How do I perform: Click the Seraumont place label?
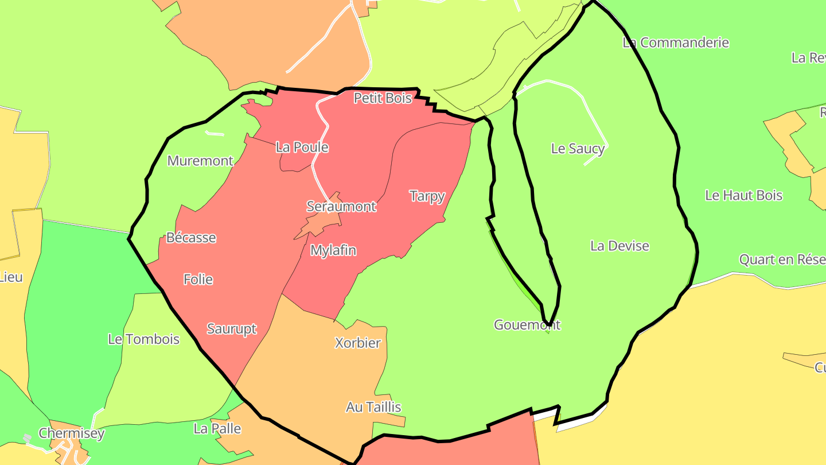pos(341,206)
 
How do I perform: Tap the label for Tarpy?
pos(427,196)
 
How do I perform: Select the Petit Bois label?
pos(383,98)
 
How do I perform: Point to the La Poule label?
pos(302,147)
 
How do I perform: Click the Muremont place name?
pos(200,161)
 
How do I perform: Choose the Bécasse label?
pos(191,238)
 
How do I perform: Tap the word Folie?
pos(198,280)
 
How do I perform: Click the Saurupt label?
pos(232,329)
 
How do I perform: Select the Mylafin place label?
pos(333,250)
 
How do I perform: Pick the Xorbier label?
pos(358,343)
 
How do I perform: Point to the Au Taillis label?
pos(373,407)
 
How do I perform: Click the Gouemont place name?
pos(527,325)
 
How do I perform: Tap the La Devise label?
pos(619,246)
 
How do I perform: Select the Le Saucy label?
pos(578,149)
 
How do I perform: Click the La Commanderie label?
pos(676,42)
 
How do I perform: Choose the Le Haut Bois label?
pos(743,195)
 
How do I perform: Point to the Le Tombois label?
pos(143,339)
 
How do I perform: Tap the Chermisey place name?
pos(72,433)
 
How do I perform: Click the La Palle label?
pos(217,429)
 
